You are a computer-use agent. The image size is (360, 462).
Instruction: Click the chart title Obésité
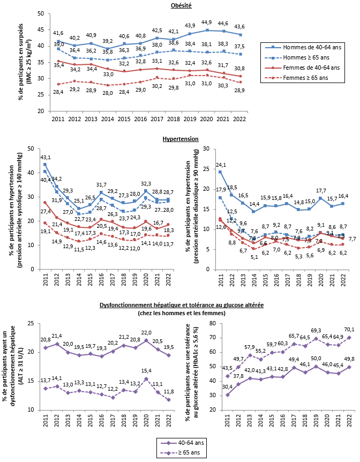click(x=180, y=5)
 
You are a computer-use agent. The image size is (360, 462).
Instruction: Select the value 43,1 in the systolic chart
click(x=46, y=157)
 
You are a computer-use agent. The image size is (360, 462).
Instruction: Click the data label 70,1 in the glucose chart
click(x=349, y=330)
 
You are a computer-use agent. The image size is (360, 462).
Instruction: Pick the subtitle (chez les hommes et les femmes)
click(x=180, y=312)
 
